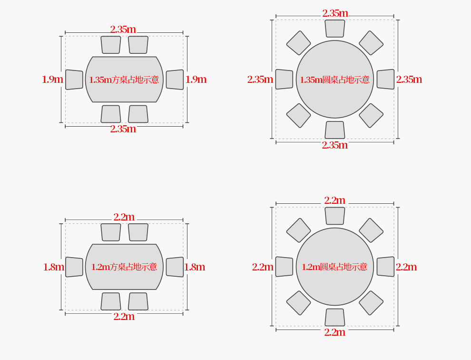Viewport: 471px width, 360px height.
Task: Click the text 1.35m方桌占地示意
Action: [124, 80]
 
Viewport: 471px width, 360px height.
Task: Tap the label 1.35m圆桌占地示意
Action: [334, 80]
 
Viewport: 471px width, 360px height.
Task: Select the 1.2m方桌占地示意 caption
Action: [124, 267]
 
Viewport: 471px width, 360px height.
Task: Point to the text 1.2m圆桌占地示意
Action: [334, 267]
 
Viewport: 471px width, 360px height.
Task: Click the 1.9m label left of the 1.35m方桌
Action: [52, 80]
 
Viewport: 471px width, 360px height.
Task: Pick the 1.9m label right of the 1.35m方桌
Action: [196, 80]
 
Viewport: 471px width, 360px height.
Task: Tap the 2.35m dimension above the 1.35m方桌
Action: [123, 30]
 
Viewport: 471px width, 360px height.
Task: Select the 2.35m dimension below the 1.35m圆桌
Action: [334, 145]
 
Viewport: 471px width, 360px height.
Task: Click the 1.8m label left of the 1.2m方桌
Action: [54, 267]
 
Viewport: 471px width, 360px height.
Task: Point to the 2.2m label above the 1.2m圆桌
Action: [334, 200]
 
